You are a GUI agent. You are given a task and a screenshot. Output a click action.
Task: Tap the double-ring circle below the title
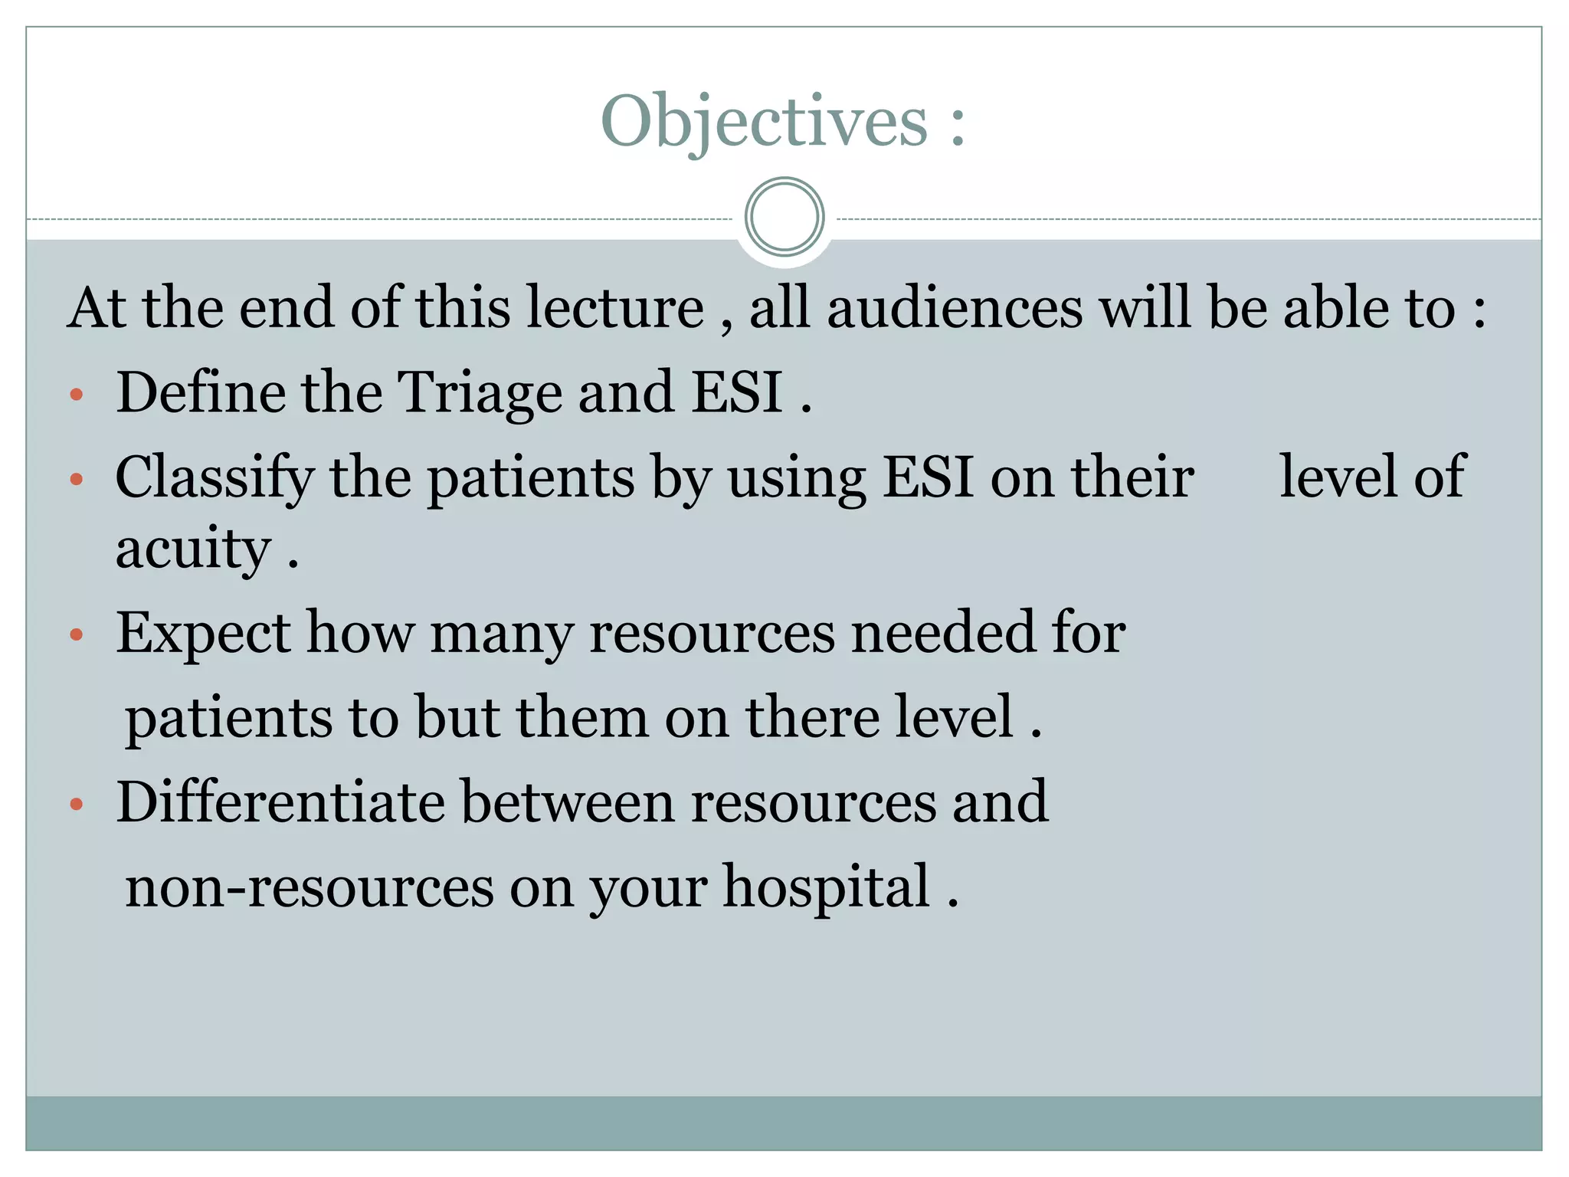pyautogui.click(x=784, y=217)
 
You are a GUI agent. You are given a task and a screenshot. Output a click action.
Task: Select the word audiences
pyautogui.click(x=955, y=307)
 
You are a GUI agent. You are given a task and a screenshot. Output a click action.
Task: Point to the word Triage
pyautogui.click(x=481, y=392)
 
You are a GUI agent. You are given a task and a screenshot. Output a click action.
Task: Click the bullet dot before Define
pyautogui.click(x=76, y=395)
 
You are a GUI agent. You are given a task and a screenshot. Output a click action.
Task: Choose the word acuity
pyautogui.click(x=193, y=549)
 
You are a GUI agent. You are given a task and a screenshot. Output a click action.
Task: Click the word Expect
pyautogui.click(x=203, y=634)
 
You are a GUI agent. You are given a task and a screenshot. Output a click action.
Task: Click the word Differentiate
pyautogui.click(x=280, y=802)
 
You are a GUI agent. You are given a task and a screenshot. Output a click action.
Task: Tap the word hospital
pyautogui.click(x=826, y=887)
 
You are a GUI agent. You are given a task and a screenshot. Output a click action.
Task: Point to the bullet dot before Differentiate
pyautogui.click(x=76, y=805)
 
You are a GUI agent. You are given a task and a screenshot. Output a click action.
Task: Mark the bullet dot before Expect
pyautogui.click(x=76, y=634)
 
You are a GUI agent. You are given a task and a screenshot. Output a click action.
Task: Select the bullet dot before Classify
pyautogui.click(x=76, y=480)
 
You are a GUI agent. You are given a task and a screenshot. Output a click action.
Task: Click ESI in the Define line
pyautogui.click(x=736, y=392)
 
